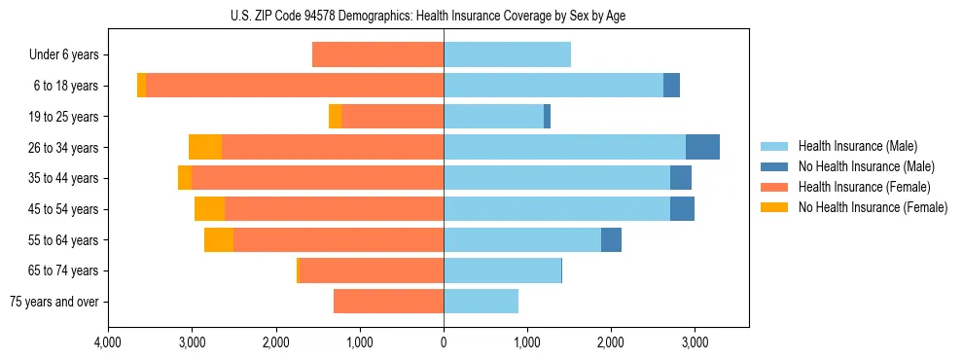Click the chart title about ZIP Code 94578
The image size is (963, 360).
click(x=443, y=16)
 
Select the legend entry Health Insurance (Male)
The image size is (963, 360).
click(x=857, y=146)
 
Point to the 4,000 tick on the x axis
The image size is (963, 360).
click(x=108, y=343)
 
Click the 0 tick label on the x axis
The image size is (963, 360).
click(x=444, y=343)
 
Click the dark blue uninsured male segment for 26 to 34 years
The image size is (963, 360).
click(x=702, y=147)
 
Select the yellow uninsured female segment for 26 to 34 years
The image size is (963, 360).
click(x=205, y=147)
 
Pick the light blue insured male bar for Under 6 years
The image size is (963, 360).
click(x=507, y=54)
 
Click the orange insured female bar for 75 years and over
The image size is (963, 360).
click(x=388, y=302)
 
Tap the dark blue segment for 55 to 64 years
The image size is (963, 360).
click(x=611, y=239)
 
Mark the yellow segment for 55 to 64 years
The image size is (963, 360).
click(x=219, y=239)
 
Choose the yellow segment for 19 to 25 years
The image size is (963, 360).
click(x=335, y=116)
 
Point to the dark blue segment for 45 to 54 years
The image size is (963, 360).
click(x=682, y=209)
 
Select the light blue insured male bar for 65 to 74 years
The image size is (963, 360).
click(x=502, y=270)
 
